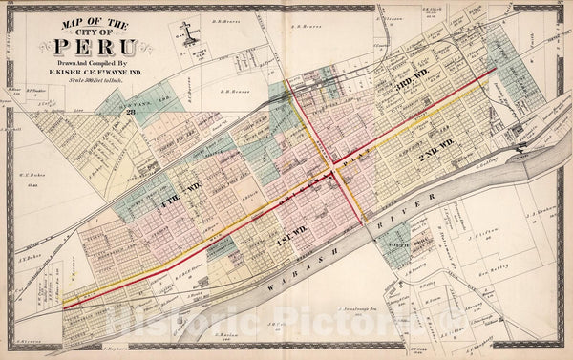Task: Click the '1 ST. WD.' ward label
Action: (290, 244)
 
